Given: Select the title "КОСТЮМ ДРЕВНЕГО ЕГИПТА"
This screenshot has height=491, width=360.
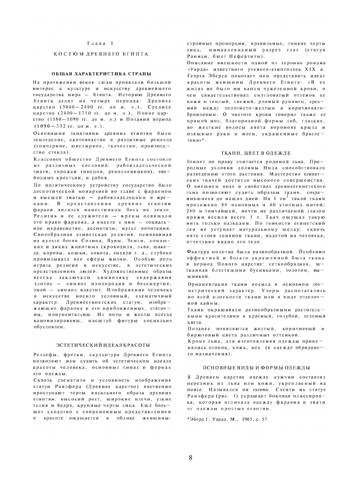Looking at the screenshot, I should (x=101, y=54).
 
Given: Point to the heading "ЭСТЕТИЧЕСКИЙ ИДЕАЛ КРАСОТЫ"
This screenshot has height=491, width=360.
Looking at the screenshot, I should (x=103, y=345).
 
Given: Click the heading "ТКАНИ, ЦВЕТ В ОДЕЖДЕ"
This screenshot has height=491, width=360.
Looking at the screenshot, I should (x=256, y=153).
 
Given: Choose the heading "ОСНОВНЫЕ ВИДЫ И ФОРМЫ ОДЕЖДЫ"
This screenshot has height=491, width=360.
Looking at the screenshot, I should (x=256, y=368).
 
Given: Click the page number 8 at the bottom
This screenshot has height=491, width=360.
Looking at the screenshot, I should (x=190, y=458).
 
